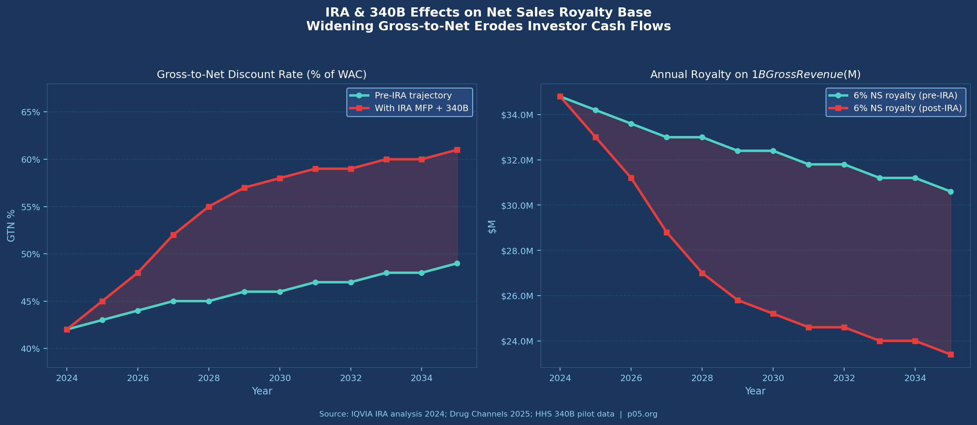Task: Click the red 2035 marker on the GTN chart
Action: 457,150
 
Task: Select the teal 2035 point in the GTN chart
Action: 457,264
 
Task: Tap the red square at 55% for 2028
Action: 209,207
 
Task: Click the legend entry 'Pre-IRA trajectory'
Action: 413,96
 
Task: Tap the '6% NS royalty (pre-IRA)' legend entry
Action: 905,96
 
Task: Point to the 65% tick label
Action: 30,112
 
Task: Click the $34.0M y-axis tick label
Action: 517,115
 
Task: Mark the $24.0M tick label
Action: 517,342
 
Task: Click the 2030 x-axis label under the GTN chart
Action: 280,378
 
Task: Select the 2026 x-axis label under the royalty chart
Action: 631,378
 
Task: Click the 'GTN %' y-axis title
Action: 11,226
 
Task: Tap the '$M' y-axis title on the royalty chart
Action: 492,227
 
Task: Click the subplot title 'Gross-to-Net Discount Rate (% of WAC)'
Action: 262,74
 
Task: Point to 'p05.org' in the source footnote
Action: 642,414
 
